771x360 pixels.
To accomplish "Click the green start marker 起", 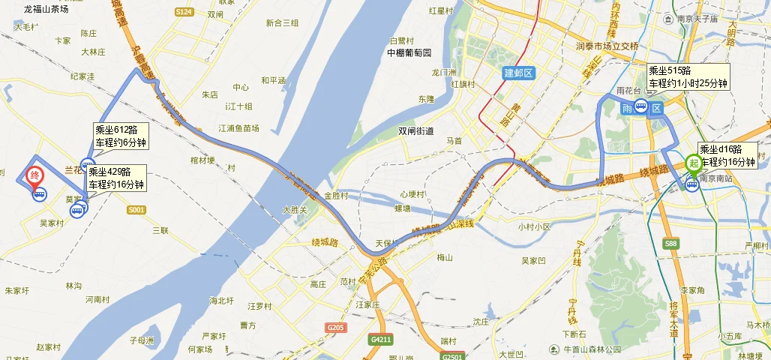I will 694,163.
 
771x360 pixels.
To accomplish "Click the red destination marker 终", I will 34,177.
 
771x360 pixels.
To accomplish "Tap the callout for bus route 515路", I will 688,77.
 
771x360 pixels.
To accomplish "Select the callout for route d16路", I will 727,155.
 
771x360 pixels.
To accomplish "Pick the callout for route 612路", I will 121,136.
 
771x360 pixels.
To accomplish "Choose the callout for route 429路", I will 115,178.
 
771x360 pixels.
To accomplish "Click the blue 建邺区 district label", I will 517,73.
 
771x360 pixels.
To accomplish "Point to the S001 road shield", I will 136,210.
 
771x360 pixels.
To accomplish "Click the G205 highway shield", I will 335,328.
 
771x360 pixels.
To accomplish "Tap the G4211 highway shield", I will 380,340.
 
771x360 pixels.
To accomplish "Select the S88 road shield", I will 671,244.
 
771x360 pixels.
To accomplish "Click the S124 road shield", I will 184,12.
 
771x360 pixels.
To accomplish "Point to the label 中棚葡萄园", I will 409,53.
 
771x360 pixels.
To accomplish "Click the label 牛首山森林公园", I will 592,349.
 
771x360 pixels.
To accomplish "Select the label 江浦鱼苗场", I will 238,128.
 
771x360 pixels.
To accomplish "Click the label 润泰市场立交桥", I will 607,46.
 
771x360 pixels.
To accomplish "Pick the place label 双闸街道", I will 416,131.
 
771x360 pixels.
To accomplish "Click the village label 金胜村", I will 337,196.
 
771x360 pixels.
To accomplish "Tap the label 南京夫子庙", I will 697,19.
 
